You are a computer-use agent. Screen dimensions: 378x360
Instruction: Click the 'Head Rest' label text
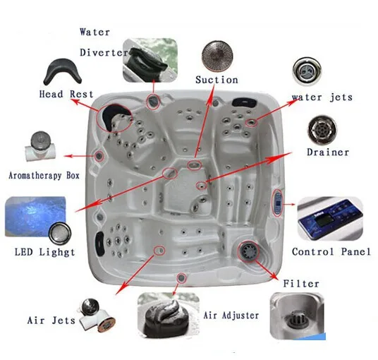click(66, 94)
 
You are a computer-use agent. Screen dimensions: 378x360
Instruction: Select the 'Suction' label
click(217, 80)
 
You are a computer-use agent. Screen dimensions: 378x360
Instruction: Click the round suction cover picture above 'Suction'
click(217, 56)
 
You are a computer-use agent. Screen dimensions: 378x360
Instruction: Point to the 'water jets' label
click(322, 97)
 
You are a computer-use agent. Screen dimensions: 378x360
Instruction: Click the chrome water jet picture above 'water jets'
click(307, 71)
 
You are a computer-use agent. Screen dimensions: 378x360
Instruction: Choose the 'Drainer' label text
click(328, 152)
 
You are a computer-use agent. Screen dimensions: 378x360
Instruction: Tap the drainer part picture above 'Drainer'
click(322, 131)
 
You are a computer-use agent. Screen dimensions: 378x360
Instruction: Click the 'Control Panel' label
click(331, 252)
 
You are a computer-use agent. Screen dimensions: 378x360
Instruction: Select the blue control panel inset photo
click(330, 219)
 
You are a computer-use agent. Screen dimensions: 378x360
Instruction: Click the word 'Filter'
click(301, 284)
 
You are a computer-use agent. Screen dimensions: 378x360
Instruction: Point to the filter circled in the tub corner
click(248, 251)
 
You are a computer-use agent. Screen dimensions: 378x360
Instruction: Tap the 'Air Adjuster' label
click(231, 316)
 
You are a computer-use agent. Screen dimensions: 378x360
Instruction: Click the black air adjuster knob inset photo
click(169, 315)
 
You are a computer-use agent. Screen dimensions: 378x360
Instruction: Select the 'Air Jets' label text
click(51, 320)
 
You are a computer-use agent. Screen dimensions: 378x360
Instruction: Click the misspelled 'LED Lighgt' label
click(45, 252)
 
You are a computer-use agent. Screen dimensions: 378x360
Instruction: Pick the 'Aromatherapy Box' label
click(44, 176)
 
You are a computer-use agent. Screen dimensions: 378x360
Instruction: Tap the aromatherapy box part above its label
click(40, 145)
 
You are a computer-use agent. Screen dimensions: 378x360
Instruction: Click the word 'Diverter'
click(104, 53)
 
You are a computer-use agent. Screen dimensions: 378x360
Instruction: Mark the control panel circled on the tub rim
click(278, 203)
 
